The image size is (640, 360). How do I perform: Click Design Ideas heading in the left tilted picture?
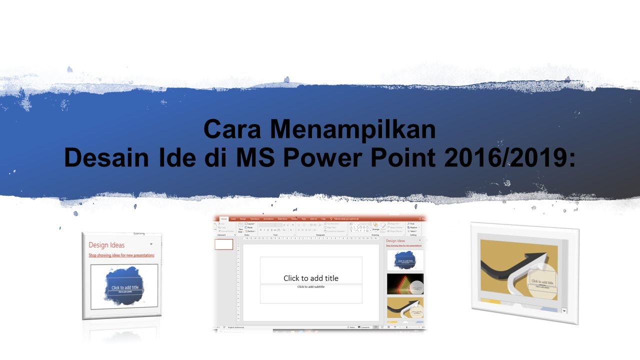(x=106, y=245)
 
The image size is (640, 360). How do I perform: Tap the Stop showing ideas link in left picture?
(x=121, y=255)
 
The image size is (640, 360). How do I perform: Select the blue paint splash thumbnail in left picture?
(x=124, y=286)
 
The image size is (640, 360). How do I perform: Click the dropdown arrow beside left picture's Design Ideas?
(x=151, y=244)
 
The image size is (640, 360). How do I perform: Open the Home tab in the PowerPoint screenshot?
(x=224, y=219)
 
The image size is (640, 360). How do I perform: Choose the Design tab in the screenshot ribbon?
(x=243, y=219)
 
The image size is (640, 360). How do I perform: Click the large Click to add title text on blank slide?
(x=311, y=278)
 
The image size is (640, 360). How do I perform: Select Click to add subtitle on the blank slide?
(x=311, y=287)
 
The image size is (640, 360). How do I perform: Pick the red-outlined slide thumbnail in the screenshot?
(x=224, y=244)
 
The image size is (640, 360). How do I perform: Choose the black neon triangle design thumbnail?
(x=405, y=283)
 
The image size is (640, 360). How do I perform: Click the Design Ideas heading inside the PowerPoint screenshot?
(x=395, y=241)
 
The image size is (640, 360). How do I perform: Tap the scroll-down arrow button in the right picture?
(x=564, y=310)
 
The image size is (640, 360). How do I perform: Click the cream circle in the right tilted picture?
(x=541, y=284)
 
